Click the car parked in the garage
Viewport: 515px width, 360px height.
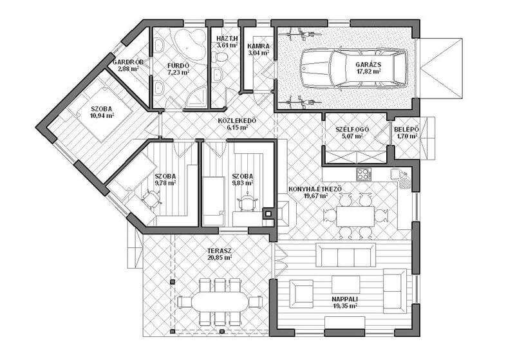point(353,68)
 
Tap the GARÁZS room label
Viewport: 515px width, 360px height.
point(368,64)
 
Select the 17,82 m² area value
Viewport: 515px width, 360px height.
point(368,71)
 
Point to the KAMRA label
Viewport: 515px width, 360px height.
point(258,46)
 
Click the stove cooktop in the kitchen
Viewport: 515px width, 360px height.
point(364,174)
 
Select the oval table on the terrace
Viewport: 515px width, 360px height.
point(220,301)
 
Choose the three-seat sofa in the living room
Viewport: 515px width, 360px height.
point(346,255)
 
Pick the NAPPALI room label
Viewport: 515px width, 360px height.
point(344,299)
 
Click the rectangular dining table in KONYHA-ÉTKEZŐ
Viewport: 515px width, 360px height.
point(355,216)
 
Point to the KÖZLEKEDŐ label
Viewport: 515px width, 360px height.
point(237,121)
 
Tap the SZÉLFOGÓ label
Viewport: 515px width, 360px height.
point(352,129)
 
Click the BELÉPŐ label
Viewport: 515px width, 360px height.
point(406,129)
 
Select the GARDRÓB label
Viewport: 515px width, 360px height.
point(128,62)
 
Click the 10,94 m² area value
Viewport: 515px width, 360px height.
point(102,115)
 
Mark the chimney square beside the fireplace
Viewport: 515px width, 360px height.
point(268,214)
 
